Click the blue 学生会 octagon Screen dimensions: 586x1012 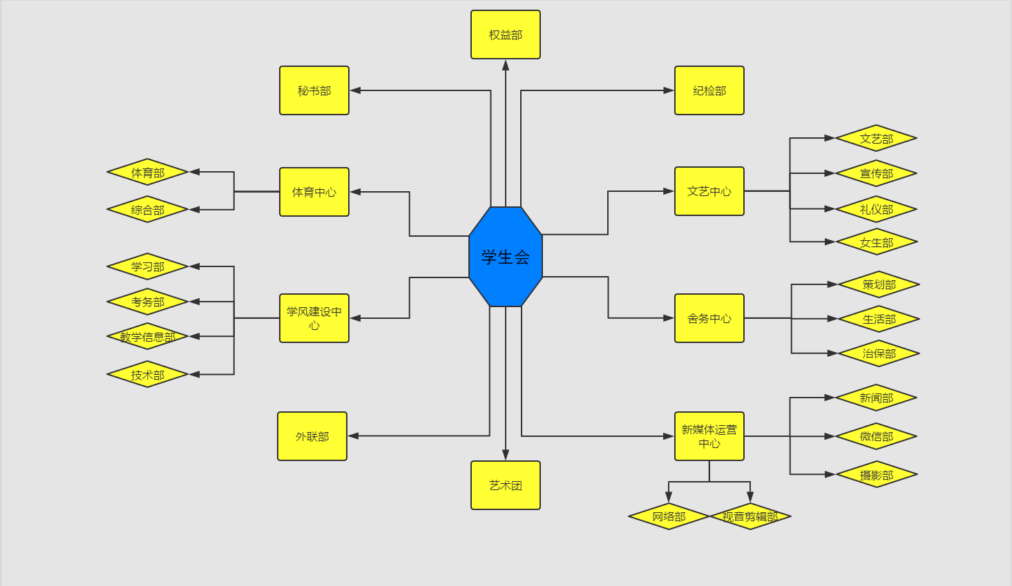[x=506, y=257]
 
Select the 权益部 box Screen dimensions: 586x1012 [x=506, y=35]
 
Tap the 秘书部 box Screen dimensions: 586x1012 [x=314, y=90]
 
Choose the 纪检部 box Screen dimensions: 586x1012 [x=709, y=90]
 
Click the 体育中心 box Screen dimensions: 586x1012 [x=314, y=192]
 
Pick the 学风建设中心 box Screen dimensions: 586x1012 [x=314, y=318]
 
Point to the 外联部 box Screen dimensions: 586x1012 [x=312, y=436]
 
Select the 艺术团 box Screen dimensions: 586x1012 [x=506, y=485]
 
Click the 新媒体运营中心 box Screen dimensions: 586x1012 [x=709, y=436]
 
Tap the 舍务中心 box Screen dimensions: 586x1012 [x=709, y=318]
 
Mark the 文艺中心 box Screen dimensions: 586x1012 [x=709, y=191]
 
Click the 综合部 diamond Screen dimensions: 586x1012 [x=148, y=210]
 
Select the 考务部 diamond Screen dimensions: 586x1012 [x=148, y=302]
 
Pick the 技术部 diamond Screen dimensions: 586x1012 [x=148, y=375]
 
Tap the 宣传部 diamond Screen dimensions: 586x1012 [x=876, y=173]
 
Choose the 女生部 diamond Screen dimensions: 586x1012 [x=877, y=242]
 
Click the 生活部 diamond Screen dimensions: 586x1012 [x=879, y=319]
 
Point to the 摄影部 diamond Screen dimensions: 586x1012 [x=877, y=475]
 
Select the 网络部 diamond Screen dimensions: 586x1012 [x=669, y=516]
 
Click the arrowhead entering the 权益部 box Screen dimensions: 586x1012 [x=506, y=65]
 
